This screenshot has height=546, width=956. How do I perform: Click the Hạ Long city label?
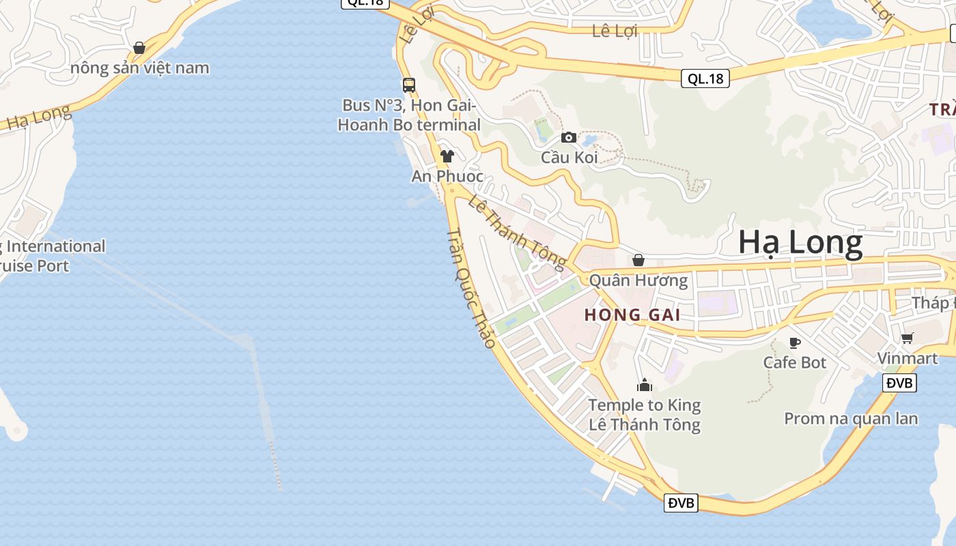pyautogui.click(x=800, y=244)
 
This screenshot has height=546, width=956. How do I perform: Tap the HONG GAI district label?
pyautogui.click(x=632, y=315)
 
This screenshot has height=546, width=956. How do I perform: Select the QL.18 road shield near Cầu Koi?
pyautogui.click(x=705, y=78)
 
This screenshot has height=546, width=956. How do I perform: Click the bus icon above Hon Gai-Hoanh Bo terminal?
pyautogui.click(x=409, y=85)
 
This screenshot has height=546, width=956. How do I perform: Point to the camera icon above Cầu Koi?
pyautogui.click(x=569, y=138)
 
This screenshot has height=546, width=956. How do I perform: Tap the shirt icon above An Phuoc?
pyautogui.click(x=447, y=156)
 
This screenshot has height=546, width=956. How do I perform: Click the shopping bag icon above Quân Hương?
pyautogui.click(x=638, y=260)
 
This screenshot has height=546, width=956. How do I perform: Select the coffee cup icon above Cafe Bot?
pyautogui.click(x=794, y=343)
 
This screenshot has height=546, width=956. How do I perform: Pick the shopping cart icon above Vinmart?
pyautogui.click(x=908, y=338)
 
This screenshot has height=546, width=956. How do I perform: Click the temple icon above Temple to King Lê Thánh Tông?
pyautogui.click(x=645, y=386)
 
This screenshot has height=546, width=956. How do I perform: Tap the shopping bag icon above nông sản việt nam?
pyautogui.click(x=139, y=48)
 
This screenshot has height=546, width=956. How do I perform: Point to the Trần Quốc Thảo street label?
pyautogui.click(x=470, y=289)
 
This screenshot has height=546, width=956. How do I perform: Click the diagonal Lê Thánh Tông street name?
pyautogui.click(x=518, y=232)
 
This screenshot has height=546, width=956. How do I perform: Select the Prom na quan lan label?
pyautogui.click(x=851, y=418)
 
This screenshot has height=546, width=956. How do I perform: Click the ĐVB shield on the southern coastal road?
pyautogui.click(x=681, y=503)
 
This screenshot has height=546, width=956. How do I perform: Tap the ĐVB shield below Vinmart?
pyautogui.click(x=899, y=383)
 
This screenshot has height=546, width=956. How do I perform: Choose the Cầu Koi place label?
pyautogui.click(x=570, y=157)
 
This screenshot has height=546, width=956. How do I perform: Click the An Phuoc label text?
pyautogui.click(x=447, y=176)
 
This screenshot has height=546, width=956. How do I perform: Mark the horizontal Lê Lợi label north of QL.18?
pyautogui.click(x=615, y=31)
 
